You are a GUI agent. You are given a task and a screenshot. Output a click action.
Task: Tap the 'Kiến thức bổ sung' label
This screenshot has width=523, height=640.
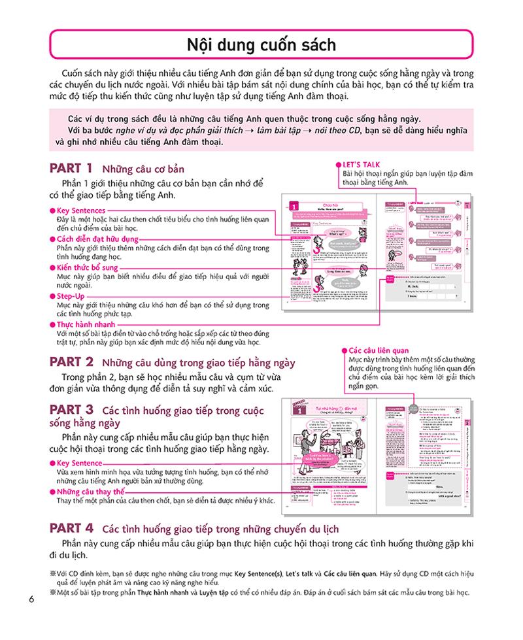click(x=88, y=268)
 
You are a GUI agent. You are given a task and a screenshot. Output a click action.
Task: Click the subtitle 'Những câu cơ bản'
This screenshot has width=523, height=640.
click(x=138, y=169)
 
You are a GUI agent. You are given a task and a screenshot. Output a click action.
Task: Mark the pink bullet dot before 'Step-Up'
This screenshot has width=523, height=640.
click(x=52, y=297)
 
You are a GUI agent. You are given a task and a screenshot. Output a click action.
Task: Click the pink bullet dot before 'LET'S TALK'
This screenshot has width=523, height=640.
click(x=337, y=165)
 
